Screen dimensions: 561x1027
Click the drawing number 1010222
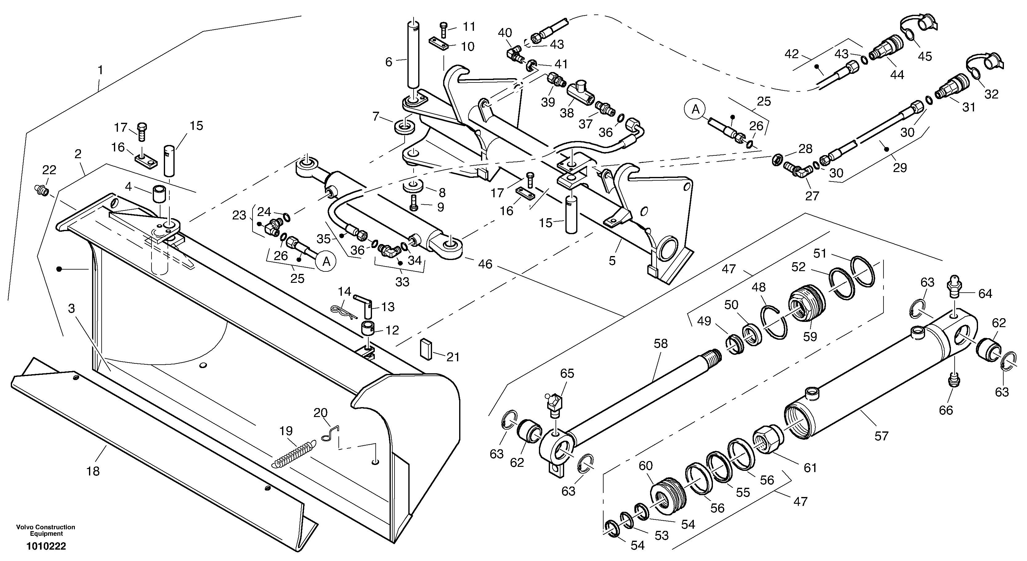pos(46,546)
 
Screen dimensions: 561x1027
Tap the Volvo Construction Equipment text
pos(46,530)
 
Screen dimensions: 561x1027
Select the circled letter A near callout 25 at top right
pos(695,109)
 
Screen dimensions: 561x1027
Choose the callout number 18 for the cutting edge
pos(93,471)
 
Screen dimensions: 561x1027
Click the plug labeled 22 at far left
pos(41,190)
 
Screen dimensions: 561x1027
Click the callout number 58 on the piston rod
pos(661,343)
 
